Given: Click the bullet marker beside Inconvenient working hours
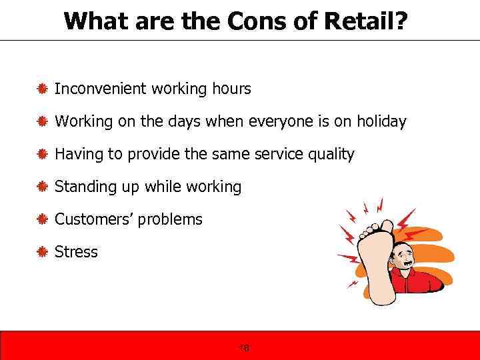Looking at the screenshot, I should pyautogui.click(x=41, y=89).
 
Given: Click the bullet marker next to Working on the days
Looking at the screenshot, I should pyautogui.click(x=41, y=121).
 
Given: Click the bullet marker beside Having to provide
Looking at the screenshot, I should pyautogui.click(x=41, y=155).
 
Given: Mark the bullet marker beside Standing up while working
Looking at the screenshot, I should pyautogui.click(x=41, y=187).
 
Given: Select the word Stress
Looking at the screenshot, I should pyautogui.click(x=76, y=252).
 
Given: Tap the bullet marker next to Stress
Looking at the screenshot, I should pyautogui.click(x=41, y=252).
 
